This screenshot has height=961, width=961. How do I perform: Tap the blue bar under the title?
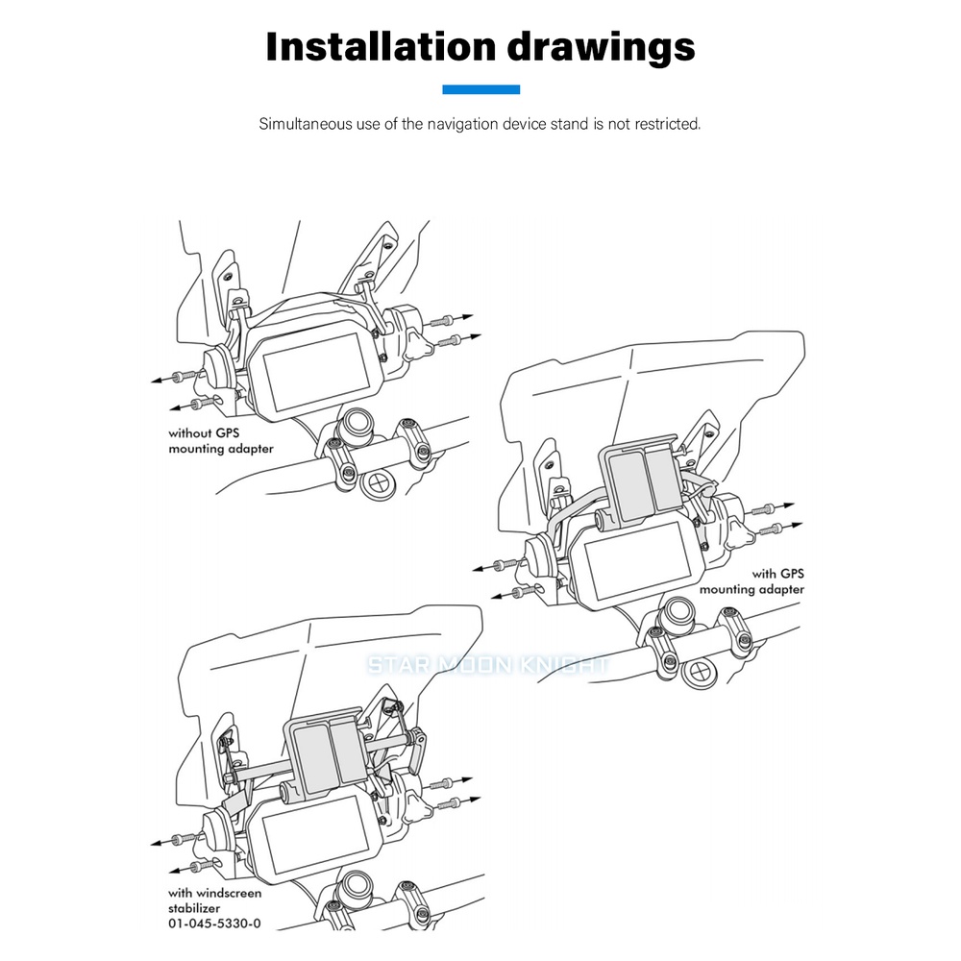pos(481,89)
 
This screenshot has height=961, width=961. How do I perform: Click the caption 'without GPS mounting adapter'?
pos(221,441)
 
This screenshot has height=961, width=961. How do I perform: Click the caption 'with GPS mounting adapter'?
pos(752,581)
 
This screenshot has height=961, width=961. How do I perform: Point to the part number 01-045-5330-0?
pos(214,923)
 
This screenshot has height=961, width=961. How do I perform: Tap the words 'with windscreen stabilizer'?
pos(214,900)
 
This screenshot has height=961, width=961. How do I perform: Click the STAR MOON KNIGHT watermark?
pos(488,665)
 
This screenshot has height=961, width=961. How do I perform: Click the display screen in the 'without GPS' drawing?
pos(315,372)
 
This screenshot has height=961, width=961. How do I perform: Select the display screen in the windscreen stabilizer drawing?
pos(315,835)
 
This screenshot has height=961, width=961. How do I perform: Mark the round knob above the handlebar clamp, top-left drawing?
pos(357,424)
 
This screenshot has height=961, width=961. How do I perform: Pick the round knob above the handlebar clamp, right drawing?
pos(679,611)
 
